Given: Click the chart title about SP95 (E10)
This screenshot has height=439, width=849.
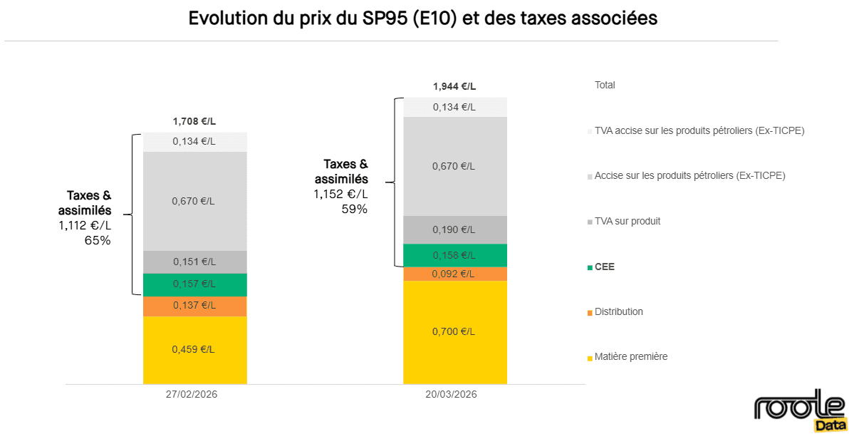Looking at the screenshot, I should tap(422, 19).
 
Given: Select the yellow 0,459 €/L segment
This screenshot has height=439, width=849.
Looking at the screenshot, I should tap(194, 349).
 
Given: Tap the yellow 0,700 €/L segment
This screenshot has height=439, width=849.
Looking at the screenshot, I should tap(454, 331).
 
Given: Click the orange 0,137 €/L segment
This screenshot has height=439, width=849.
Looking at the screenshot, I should tap(194, 306).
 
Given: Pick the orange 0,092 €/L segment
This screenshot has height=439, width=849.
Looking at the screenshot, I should tap(454, 274).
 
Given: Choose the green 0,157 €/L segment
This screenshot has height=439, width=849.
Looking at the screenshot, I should tap(194, 284).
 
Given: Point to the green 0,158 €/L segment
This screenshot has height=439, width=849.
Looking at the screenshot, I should tap(454, 255).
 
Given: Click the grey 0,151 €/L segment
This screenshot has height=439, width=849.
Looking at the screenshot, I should tap(194, 262).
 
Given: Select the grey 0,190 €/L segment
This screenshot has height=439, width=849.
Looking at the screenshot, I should tap(454, 229).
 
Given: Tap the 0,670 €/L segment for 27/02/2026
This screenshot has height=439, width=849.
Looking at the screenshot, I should tap(194, 201).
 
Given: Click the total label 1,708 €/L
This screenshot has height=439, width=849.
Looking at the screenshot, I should tap(194, 121).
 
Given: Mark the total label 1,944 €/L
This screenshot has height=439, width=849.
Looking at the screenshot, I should tap(454, 86).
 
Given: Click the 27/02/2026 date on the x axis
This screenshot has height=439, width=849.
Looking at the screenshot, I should tap(191, 394).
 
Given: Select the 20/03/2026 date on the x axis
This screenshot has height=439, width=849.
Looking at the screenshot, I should tap(451, 394).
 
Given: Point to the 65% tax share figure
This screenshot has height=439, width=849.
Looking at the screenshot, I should tap(98, 241).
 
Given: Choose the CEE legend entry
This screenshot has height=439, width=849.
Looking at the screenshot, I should tap(604, 267).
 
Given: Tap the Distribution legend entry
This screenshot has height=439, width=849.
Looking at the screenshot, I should tap(618, 312).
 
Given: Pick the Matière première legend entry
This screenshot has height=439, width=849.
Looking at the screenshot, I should tap(630, 356).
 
